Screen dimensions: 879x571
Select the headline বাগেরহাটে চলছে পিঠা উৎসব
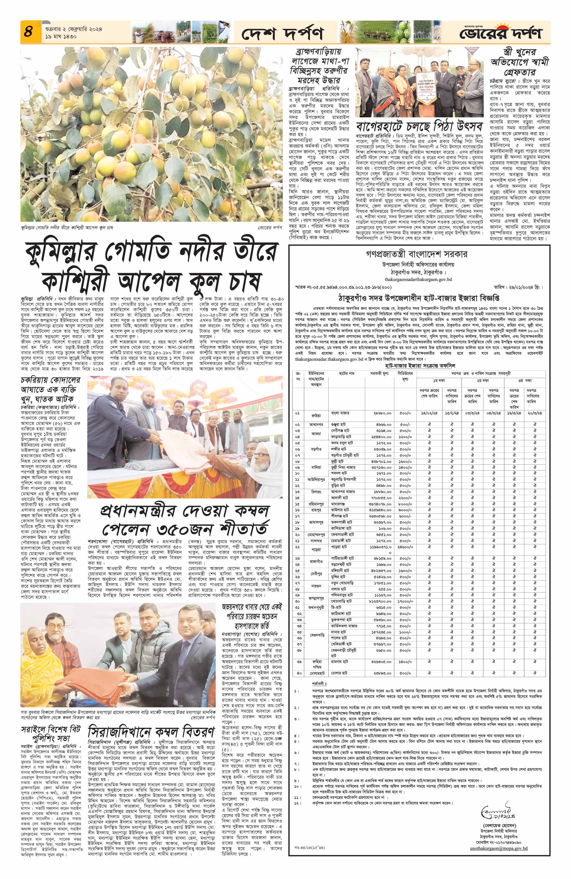(x=419, y=126)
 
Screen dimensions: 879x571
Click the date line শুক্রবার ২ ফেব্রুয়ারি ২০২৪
(x=74, y=29)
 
